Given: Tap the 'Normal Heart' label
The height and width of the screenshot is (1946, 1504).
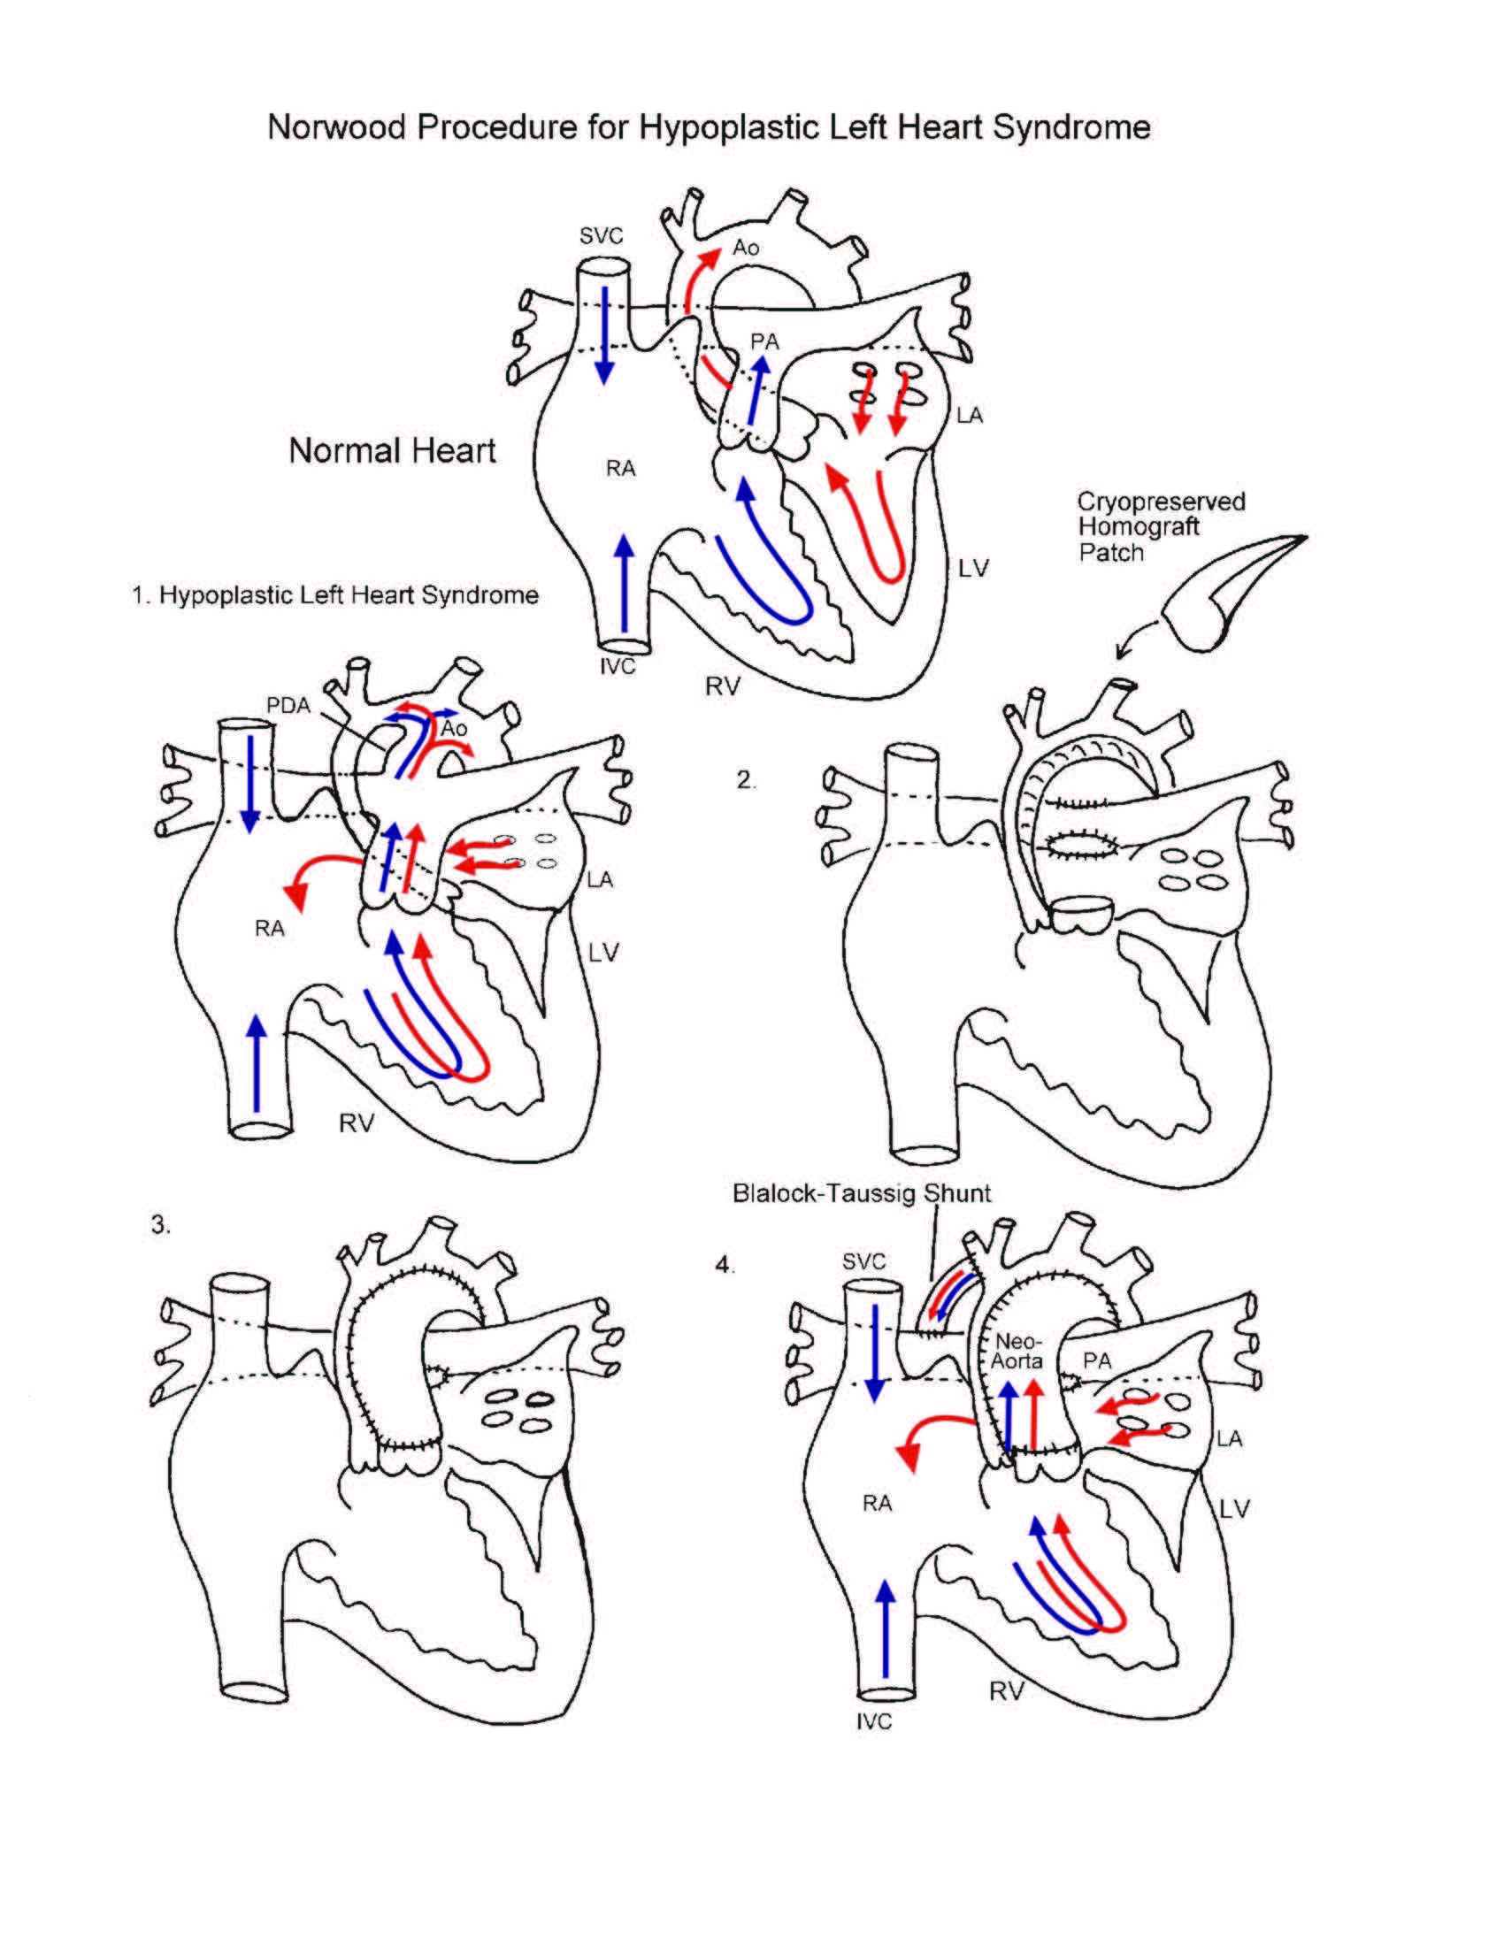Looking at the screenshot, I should coord(392,451).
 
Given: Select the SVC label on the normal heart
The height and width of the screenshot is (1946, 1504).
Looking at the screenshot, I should coord(601,236).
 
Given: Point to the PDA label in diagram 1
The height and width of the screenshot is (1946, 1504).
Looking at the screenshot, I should coord(288,706).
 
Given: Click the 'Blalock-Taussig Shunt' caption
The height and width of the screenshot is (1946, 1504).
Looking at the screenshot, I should coord(861,1193).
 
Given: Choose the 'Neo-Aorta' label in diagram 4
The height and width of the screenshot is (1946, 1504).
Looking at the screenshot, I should coord(1017,1351).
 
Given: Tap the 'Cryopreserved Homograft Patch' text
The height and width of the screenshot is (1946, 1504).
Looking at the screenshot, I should coord(1160,526).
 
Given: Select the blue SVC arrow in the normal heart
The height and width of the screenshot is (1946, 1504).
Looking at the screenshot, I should coord(605,334).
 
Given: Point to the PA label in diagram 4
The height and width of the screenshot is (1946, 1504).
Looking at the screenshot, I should coord(1097,1360).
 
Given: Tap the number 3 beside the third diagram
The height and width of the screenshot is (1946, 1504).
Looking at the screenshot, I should coord(160,1225).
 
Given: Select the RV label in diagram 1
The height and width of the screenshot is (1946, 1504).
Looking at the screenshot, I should coord(357,1123).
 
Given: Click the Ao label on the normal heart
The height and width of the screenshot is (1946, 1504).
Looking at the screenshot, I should coord(746,248).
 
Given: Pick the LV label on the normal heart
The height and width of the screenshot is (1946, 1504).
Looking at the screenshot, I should coord(973,568).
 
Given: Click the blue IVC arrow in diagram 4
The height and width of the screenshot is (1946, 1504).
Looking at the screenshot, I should coord(886,1629).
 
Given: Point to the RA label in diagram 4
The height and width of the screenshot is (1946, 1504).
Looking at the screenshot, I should coord(877,1503).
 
